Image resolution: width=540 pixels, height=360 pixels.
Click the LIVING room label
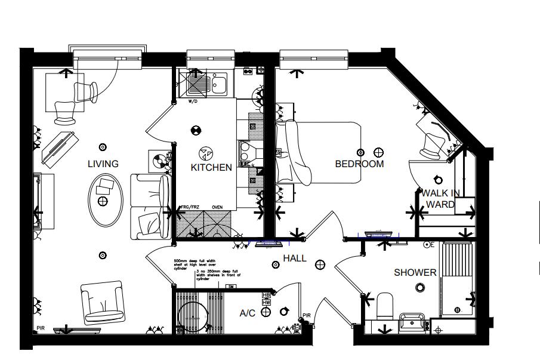click(103, 164)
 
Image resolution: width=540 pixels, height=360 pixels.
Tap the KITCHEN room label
click(211, 167)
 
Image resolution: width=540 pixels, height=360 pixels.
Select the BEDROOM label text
click(359, 164)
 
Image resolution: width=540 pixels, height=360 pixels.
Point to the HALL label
click(295, 259)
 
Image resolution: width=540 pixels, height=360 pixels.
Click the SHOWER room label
click(415, 273)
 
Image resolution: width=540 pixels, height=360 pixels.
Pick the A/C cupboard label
click(248, 313)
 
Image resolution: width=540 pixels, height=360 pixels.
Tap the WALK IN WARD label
click(440, 199)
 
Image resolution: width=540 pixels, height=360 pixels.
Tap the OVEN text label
click(217, 208)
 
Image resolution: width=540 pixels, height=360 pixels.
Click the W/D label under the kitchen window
click(193, 101)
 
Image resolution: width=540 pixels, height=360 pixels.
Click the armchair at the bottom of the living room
click(103, 303)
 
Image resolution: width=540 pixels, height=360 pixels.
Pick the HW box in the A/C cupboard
click(266, 303)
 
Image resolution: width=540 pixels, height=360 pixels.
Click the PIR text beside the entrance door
click(307, 315)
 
